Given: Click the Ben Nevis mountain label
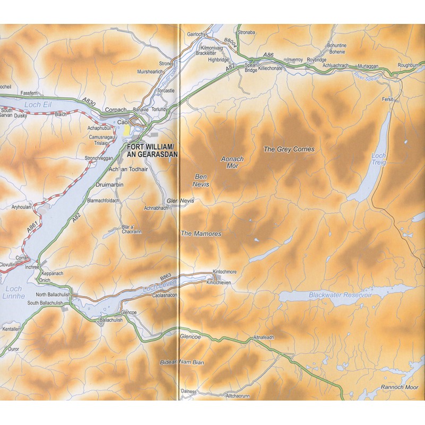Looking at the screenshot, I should [x=202, y=180].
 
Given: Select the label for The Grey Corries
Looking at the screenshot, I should [x=289, y=149].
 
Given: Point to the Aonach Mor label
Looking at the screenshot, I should [x=232, y=163].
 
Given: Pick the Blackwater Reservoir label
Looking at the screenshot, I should [x=341, y=294].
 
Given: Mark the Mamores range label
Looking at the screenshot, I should [x=200, y=233].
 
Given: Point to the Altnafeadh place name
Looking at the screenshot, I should [x=263, y=338].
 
